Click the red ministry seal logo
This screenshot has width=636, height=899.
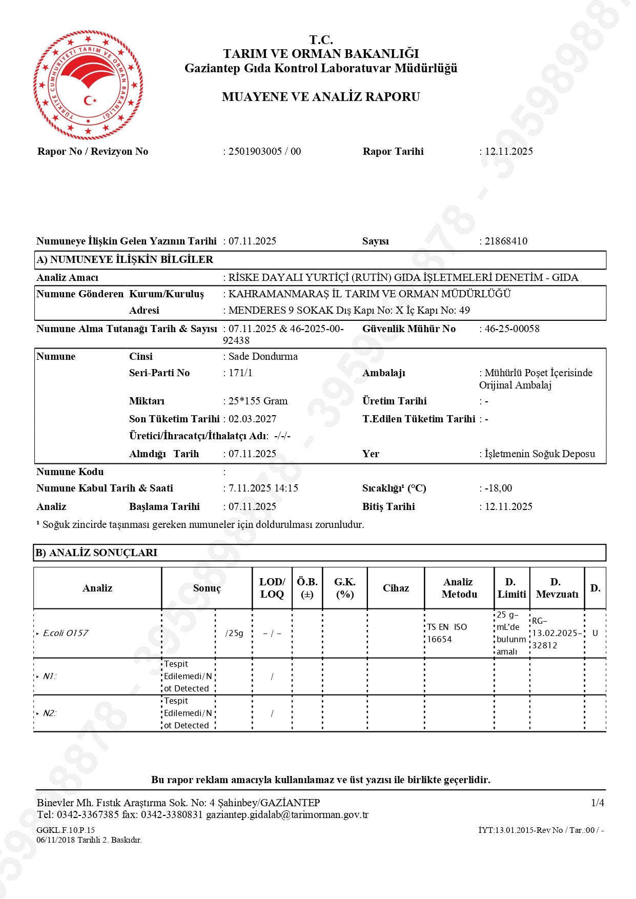tap(88, 85)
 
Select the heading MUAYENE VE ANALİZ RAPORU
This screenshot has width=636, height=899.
tap(321, 97)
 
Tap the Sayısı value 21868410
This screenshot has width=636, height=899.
tap(506, 241)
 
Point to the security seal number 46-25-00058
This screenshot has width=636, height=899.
tap(512, 329)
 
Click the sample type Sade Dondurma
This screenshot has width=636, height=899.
tap(263, 356)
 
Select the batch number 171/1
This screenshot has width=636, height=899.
tap(240, 373)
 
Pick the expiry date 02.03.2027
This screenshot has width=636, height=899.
tap(252, 419)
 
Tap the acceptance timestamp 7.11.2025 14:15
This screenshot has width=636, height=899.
tap(263, 488)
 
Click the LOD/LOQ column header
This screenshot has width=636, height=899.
tap(272, 588)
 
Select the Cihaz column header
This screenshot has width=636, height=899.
tap(396, 588)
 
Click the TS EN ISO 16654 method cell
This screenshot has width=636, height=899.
tap(447, 633)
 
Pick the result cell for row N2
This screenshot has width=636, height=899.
tap(188, 713)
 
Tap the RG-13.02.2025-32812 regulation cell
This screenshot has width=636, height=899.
tap(557, 633)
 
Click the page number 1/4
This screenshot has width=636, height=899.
tap(598, 803)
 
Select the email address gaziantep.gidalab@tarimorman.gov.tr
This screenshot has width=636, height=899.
tap(287, 814)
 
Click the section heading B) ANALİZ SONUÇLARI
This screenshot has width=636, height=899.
tap(96, 553)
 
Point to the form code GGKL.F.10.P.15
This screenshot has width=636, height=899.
tap(66, 830)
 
